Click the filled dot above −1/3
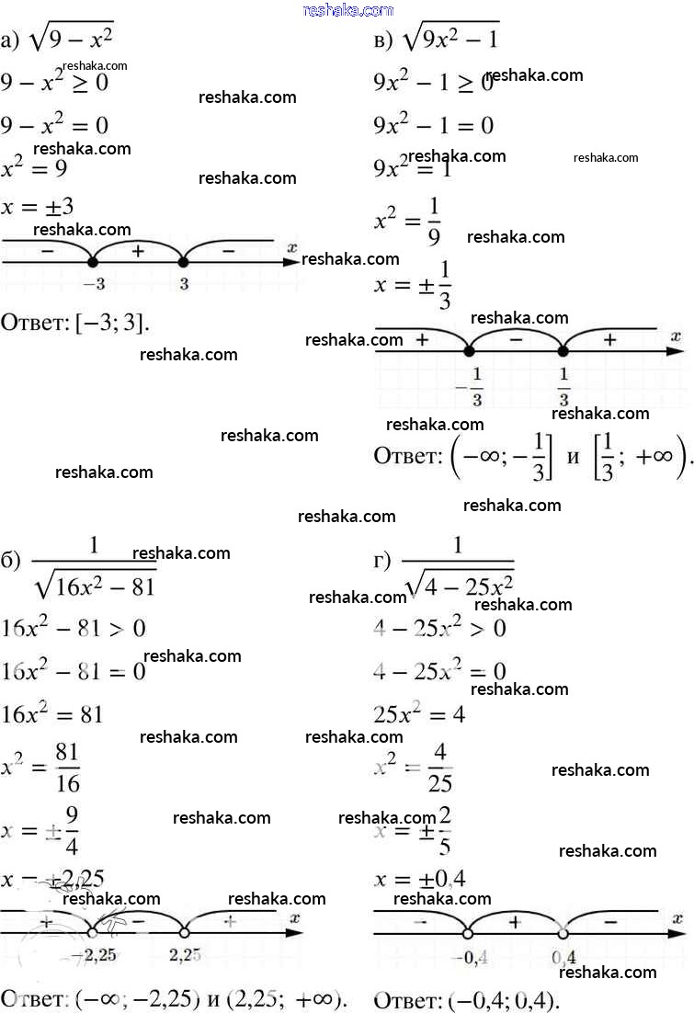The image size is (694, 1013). tap(470, 350)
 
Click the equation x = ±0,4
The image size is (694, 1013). tap(420, 880)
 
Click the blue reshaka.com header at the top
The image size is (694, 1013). tap(347, 10)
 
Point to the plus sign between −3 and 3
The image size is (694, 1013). tap(138, 250)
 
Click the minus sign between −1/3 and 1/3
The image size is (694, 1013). tap(516, 339)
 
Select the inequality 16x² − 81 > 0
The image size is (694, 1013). tap(74, 629)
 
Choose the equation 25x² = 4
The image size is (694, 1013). tap(419, 714)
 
